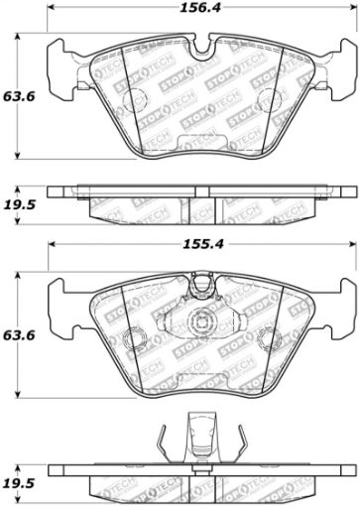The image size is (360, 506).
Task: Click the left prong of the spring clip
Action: click(160, 416)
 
